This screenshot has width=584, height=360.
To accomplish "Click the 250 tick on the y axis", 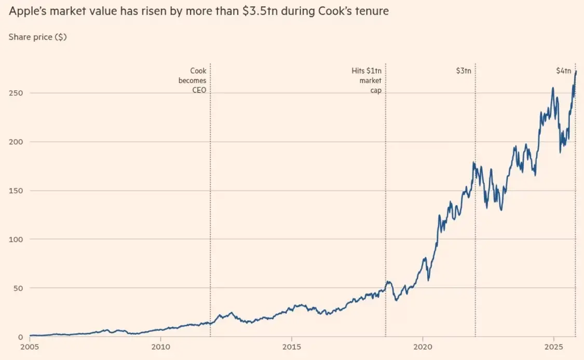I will click(16, 93).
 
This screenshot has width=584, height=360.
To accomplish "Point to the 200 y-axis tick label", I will click(16, 142).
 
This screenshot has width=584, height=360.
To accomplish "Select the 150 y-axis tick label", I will click(16, 191).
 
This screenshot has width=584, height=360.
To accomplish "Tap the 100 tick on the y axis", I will click(16, 240).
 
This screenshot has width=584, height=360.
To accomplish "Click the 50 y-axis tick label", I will click(18, 288).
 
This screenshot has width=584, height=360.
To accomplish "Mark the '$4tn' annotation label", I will click(563, 71).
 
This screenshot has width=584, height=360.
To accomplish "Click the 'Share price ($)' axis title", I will click(38, 37).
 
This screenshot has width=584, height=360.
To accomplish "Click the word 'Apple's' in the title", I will click(28, 11).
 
